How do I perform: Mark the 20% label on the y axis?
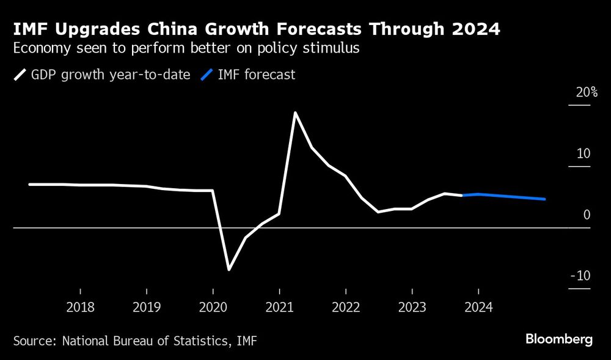(x=587, y=93)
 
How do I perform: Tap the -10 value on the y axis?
(x=580, y=276)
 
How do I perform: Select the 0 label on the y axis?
(x=586, y=215)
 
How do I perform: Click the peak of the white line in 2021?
(x=295, y=113)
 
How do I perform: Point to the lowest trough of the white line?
(x=229, y=269)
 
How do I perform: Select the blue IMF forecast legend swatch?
(x=207, y=75)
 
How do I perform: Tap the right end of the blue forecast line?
(x=544, y=199)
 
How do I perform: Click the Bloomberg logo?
(x=559, y=339)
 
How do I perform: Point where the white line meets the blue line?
(x=462, y=196)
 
